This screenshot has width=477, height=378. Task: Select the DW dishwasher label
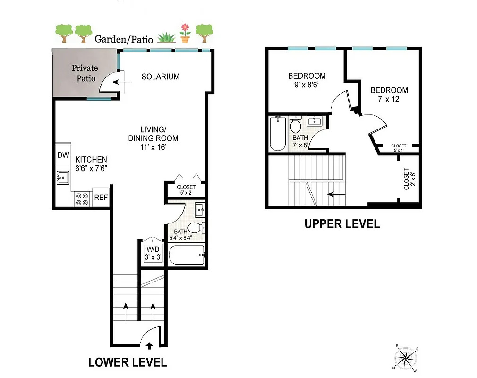(x=63, y=155)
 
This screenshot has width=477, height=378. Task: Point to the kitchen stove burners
(x=82, y=198)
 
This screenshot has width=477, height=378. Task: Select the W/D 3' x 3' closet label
(x=153, y=253)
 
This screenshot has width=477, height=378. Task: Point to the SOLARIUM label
(x=160, y=77)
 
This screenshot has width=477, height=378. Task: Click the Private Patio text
(x=85, y=73)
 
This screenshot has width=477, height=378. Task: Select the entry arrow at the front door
(x=149, y=345)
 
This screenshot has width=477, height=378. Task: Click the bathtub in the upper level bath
(x=277, y=133)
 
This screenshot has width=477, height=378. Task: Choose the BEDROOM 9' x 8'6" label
(x=307, y=80)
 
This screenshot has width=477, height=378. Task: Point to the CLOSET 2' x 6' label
(x=406, y=179)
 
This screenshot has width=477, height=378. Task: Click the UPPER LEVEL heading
(x=342, y=224)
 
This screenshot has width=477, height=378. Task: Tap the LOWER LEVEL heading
(x=128, y=362)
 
